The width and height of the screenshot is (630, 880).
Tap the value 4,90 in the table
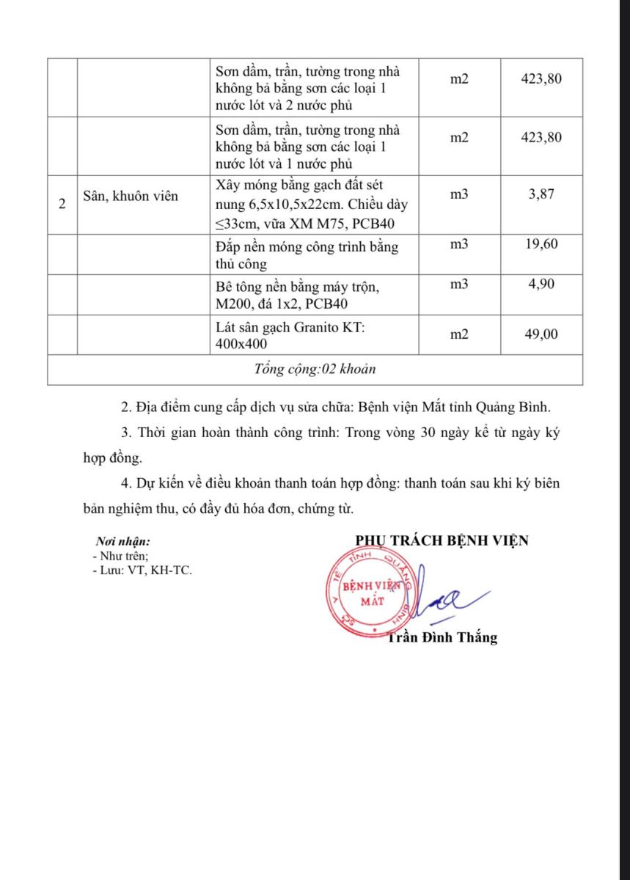(543, 284)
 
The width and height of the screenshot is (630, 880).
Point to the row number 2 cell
(62, 204)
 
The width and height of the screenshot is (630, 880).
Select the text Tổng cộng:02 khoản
(315, 369)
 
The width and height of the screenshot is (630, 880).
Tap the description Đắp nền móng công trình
(307, 254)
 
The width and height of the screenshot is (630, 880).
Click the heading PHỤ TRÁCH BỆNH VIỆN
(442, 540)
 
